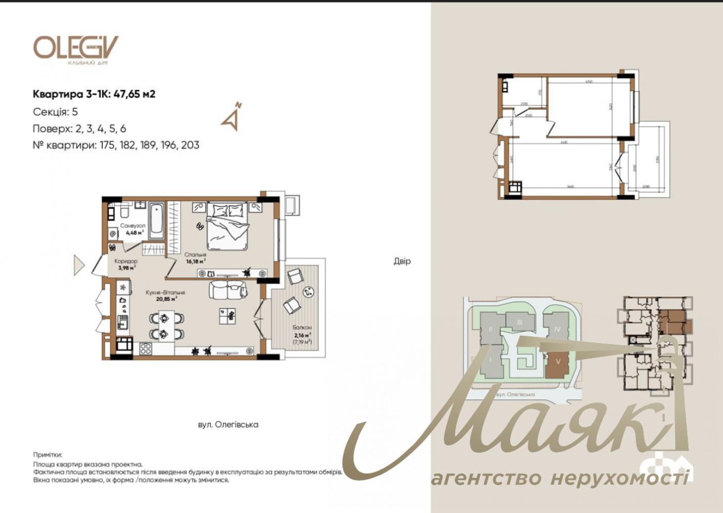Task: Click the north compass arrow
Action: pos(231,118)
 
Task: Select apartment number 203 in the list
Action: pos(190,145)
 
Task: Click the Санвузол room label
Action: pos(132,226)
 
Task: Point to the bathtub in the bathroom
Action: pos(156,221)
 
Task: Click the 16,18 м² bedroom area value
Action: pos(195,261)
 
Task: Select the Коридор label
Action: pos(126,261)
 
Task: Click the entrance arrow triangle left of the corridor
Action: pos(78,265)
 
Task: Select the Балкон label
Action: pos(302,328)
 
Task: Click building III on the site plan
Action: pos(520,322)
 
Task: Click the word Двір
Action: pos(402,261)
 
